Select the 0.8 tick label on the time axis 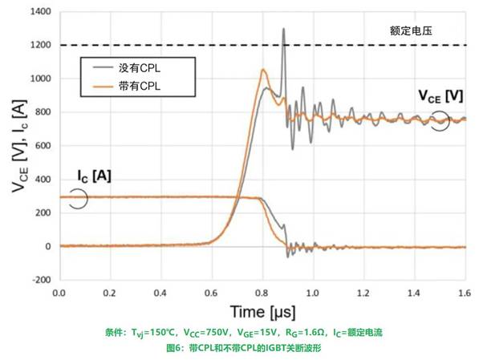coord(262,293)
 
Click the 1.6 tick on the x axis coord(465,293)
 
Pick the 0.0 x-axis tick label coord(59,293)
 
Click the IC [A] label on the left coord(94,175)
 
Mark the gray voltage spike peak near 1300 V coord(283,29)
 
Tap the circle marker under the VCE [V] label coord(439,119)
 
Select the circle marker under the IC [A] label coord(78,197)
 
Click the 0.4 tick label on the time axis coord(160,293)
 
